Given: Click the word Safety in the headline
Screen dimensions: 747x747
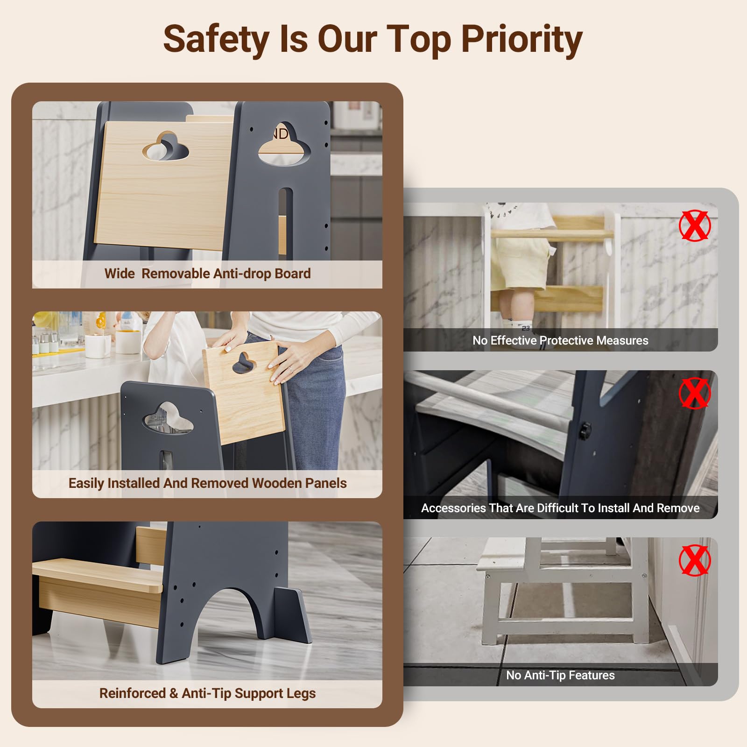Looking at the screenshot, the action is (216, 40).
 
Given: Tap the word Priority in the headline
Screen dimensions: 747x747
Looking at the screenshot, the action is (521, 40).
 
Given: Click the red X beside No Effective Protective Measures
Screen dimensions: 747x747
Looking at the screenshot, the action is (695, 226).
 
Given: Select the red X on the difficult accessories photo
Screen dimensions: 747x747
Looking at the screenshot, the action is (695, 393).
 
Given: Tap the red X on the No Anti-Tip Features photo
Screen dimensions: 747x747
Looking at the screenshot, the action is (695, 560).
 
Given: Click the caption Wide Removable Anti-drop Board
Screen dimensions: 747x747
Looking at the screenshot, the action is (207, 274).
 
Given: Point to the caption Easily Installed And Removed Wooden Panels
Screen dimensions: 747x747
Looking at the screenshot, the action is (207, 483).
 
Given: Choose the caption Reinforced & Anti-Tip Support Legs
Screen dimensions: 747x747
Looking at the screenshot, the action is (207, 693).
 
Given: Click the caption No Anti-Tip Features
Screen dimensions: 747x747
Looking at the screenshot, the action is (560, 675).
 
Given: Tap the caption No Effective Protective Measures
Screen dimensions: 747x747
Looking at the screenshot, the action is (560, 340).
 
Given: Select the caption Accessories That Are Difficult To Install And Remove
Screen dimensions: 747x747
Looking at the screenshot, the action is (560, 508).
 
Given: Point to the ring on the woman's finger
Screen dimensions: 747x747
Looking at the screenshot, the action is (290, 368).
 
